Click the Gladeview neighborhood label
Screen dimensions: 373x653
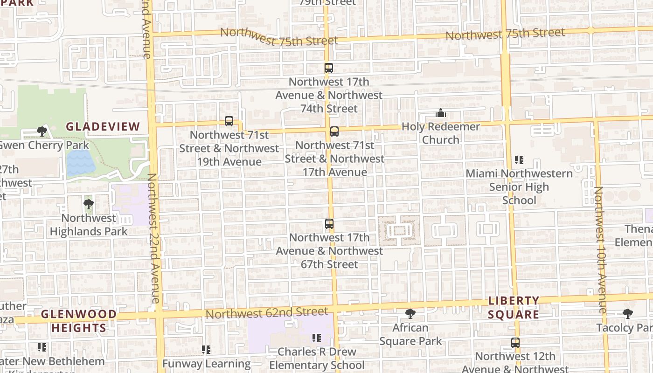(x=103, y=126)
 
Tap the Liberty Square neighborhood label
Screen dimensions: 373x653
(x=514, y=307)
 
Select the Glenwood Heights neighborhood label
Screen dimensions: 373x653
(x=79, y=321)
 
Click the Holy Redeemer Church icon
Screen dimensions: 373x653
(x=441, y=113)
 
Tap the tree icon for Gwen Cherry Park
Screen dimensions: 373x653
(x=42, y=131)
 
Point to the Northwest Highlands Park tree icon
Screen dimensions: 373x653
(x=88, y=204)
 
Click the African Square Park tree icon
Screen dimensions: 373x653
(x=410, y=314)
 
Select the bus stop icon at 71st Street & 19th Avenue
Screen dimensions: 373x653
(x=229, y=121)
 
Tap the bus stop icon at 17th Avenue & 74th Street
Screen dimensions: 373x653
(x=329, y=68)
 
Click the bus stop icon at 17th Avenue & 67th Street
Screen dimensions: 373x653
(x=329, y=224)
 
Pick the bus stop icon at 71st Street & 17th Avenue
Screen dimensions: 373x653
(x=334, y=131)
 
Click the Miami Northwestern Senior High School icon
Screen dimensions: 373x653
(x=519, y=160)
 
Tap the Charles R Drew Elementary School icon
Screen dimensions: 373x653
(x=317, y=338)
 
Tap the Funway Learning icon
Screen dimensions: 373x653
(x=206, y=349)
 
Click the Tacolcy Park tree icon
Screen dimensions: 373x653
(x=628, y=314)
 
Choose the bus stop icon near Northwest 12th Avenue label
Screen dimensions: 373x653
(x=515, y=343)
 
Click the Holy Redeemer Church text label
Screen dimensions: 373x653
(x=441, y=133)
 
